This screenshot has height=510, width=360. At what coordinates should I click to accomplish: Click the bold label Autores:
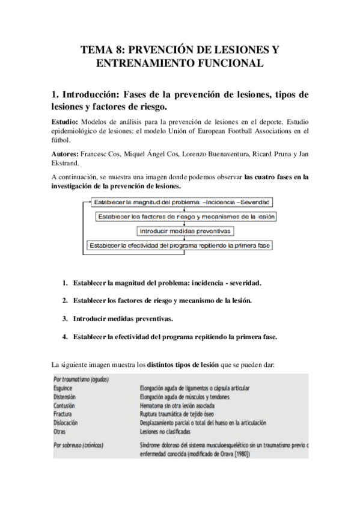(66, 155)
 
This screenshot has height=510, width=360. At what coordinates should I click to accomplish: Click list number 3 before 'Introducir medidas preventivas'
(64, 318)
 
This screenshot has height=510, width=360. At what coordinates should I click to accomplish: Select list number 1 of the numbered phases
(64, 282)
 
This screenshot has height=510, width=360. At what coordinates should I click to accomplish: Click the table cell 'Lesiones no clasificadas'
(165, 432)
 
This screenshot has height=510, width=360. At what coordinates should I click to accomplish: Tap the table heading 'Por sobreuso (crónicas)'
(79, 445)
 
